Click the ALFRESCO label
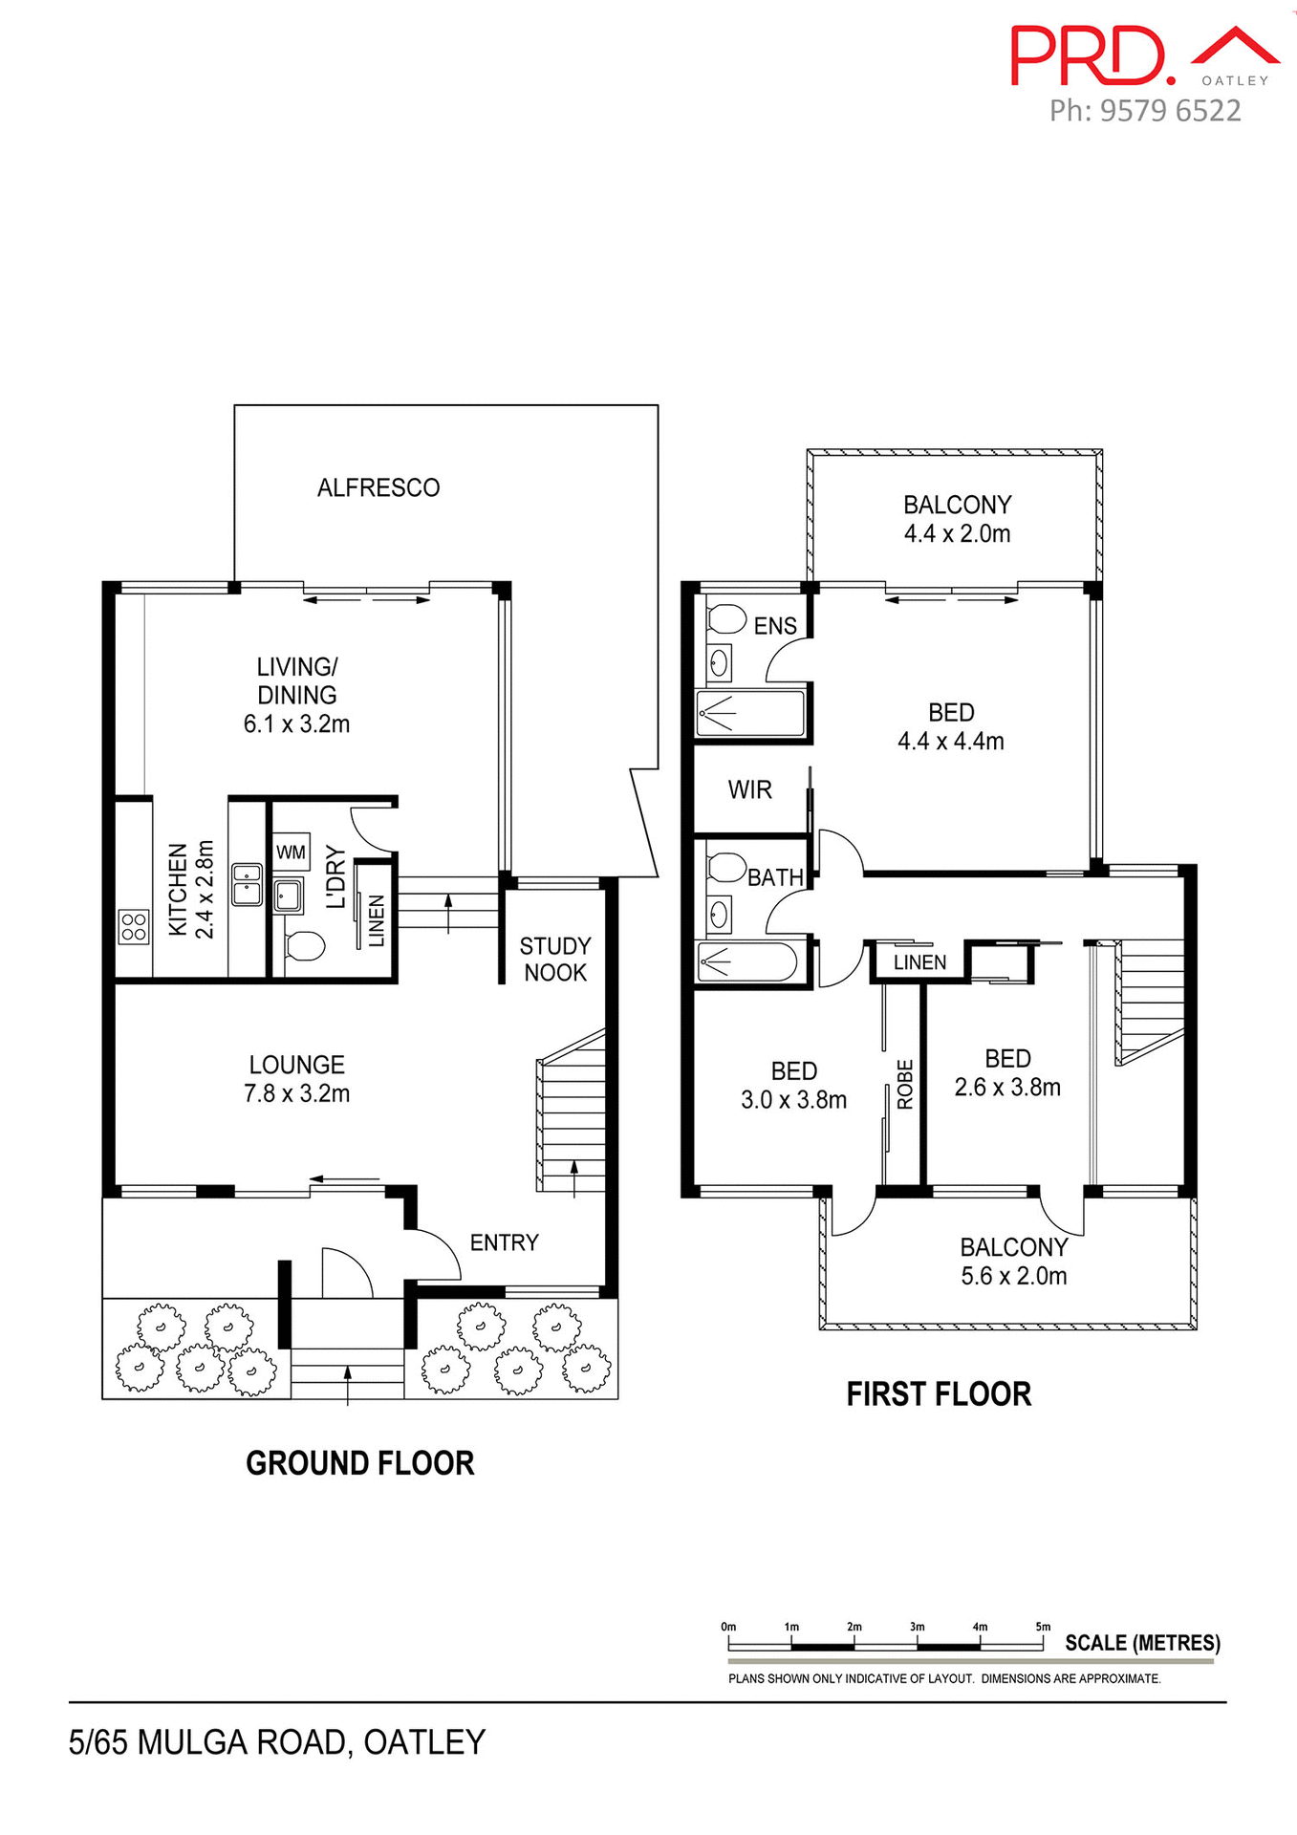[x=378, y=488]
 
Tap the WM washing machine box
[x=291, y=852]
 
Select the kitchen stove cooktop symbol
[x=134, y=926]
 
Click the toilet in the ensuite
[x=726, y=618]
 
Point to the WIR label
[x=749, y=790]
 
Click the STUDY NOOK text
[x=555, y=960]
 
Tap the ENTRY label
[x=504, y=1242]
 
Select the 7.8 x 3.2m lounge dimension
[x=296, y=1093]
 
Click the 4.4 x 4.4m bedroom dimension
[x=950, y=742]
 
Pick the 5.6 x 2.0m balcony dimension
[x=1013, y=1276]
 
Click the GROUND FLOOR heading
[x=359, y=1463]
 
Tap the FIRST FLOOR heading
[x=939, y=1394]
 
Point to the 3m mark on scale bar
[x=917, y=1627]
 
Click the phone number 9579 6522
[x=1170, y=111]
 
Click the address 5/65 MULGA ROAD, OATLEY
[x=277, y=1742]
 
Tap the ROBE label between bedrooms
[x=905, y=1085]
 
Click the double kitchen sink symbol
[x=247, y=884]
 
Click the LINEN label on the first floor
[x=919, y=962]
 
